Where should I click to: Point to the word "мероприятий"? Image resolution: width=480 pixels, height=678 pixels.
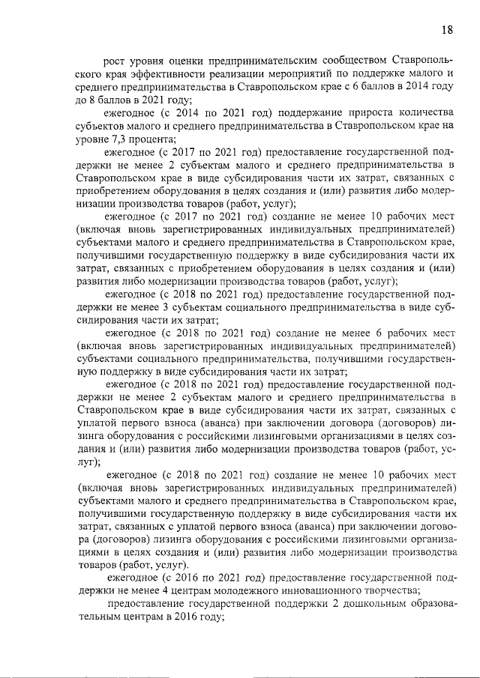(329, 73)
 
